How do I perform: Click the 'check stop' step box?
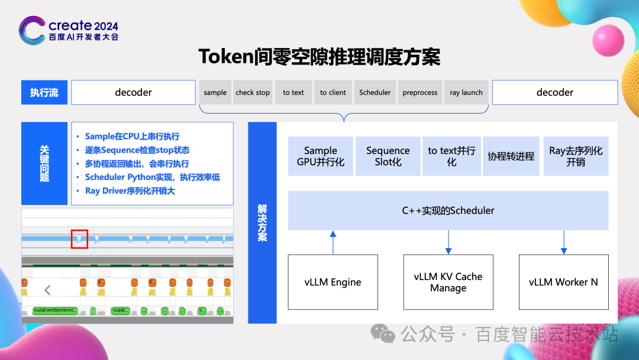253,92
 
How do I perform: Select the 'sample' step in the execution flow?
215,92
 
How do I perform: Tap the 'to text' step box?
293,92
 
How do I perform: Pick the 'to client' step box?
333,92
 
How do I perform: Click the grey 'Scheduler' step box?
375,92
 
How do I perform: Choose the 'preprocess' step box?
420,92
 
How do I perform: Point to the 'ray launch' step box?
466,92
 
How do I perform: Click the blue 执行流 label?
44,92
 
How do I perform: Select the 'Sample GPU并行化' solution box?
321,156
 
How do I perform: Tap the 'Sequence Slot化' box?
388,156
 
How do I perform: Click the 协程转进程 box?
511,156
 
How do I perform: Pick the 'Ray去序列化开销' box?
576,156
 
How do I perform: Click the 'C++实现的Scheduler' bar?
448,210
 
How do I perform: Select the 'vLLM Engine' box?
333,282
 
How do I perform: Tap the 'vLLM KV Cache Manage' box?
448,282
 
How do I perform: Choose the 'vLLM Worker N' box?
563,282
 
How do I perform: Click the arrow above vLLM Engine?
333,242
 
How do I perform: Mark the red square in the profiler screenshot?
79,239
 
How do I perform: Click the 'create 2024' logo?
69,30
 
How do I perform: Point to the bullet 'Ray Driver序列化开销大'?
130,191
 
